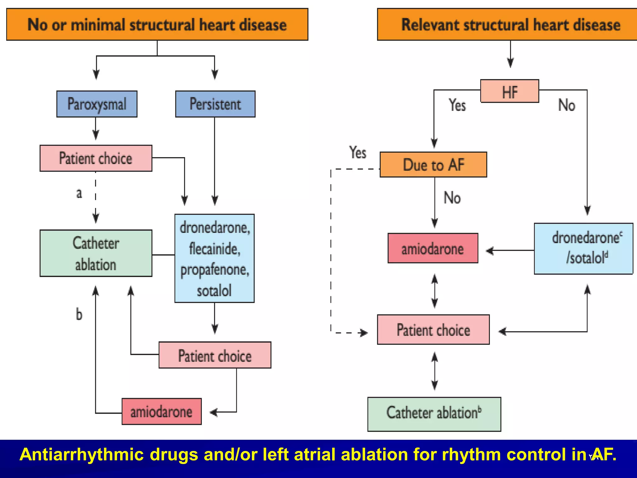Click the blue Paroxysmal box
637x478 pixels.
point(97,104)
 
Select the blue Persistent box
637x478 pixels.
point(215,104)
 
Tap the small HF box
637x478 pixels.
point(509,91)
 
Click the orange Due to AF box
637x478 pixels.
point(433,165)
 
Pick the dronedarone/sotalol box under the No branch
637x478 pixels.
point(584,248)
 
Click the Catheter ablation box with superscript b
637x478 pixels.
point(434,414)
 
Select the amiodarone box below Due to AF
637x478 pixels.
point(433,248)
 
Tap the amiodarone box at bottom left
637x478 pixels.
point(161,411)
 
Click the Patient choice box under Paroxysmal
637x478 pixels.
point(96,158)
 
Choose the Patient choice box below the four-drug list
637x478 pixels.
point(215,355)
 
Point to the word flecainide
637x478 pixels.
point(215,249)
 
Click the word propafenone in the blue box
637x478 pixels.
point(215,270)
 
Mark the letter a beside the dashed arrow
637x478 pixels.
point(79,194)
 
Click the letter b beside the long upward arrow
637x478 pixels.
point(79,314)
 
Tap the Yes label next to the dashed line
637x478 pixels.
point(358,152)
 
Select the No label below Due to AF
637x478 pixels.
point(452,198)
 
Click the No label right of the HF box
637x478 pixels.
point(566,105)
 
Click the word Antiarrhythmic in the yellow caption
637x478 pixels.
point(81,454)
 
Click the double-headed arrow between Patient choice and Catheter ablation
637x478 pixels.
point(435,371)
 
